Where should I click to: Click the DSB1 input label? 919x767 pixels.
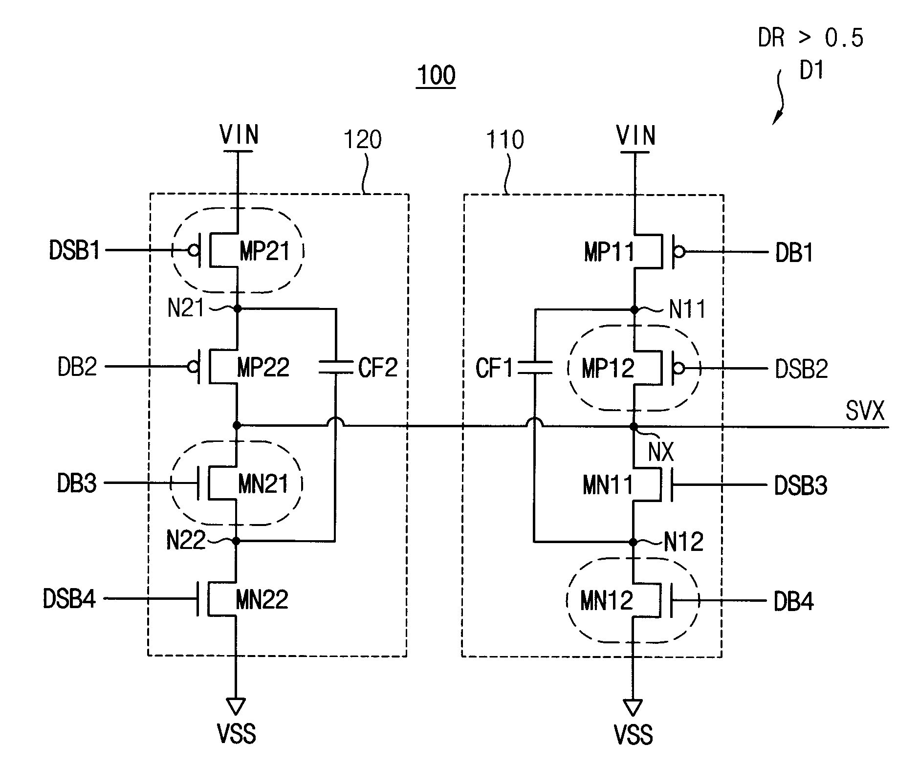pos(74,251)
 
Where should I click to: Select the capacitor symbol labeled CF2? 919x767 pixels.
pos(335,367)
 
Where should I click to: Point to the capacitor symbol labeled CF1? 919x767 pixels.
pos(535,368)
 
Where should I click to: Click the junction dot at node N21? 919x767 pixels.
pos(238,309)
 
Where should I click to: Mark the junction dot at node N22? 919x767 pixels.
pos(237,541)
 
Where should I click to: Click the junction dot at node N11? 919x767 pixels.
pos(635,309)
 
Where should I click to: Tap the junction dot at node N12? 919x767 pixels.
pos(634,542)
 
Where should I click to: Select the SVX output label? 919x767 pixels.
pos(865,411)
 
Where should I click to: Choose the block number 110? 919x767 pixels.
pos(504,140)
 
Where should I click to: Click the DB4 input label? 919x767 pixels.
pos(794,601)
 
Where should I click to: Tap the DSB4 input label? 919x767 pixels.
pos(69,599)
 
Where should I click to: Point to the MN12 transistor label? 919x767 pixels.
pos(607,600)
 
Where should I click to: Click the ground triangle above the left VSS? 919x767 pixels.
pos(236,706)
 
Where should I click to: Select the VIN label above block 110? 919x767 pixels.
pos(635,135)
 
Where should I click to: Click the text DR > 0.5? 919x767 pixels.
pos(810,38)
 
